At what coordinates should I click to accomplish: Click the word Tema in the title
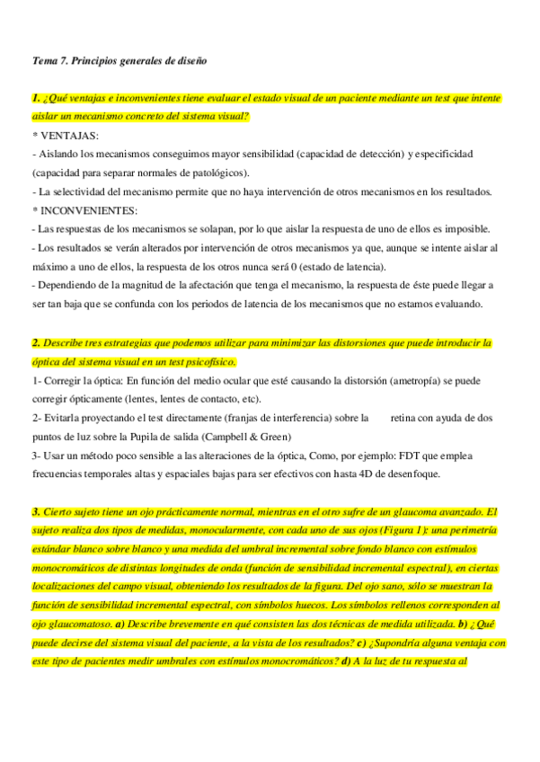coord(44,60)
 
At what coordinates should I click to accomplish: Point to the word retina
coord(410,418)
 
